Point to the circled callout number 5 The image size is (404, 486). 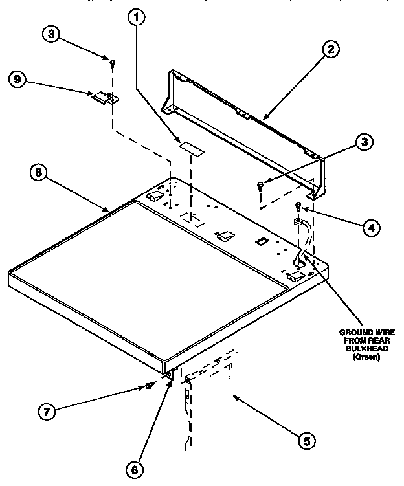(x=307, y=441)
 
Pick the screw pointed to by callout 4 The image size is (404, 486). (x=298, y=207)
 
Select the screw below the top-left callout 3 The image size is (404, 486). (x=113, y=62)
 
